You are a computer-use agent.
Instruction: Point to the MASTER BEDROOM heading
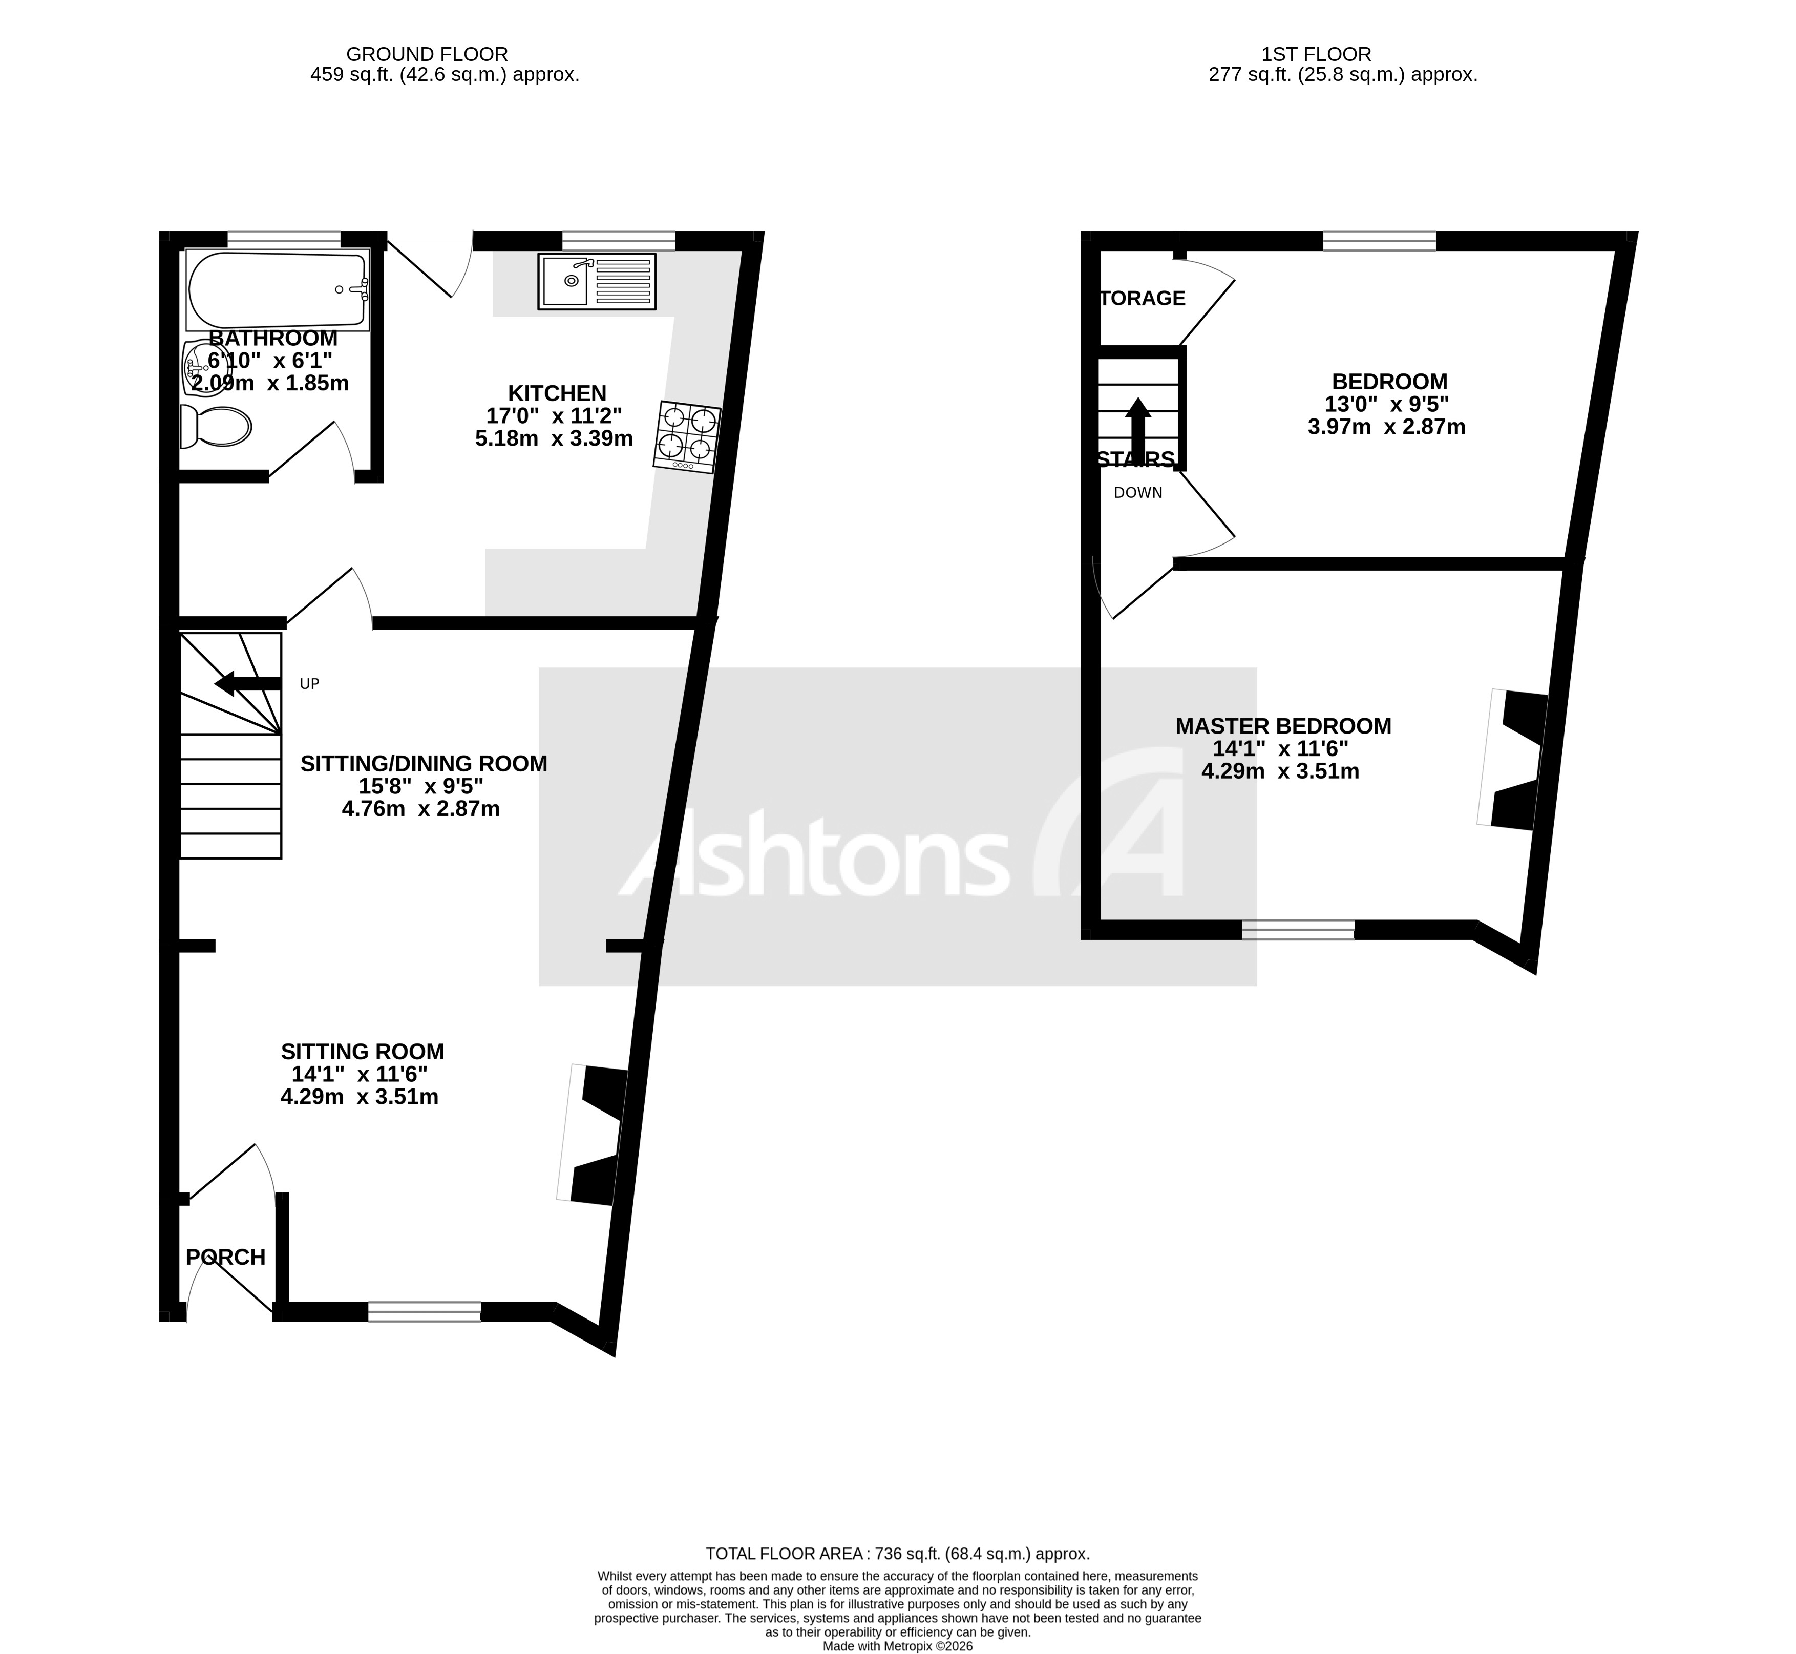point(1283,726)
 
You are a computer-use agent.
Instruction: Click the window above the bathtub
point(284,239)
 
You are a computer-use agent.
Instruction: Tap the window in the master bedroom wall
point(1298,929)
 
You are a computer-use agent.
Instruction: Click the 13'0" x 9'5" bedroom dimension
point(1386,404)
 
